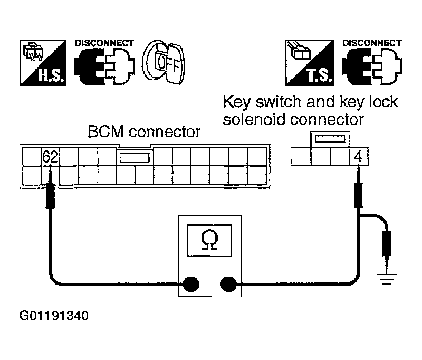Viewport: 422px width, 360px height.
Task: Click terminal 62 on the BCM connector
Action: point(51,156)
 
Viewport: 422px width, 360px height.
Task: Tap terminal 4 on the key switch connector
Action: point(358,156)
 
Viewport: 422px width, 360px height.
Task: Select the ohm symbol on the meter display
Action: point(209,240)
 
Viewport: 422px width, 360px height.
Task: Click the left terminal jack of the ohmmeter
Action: point(191,284)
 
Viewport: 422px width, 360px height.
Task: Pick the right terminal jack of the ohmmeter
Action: point(228,284)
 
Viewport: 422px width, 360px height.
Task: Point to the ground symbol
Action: point(387,279)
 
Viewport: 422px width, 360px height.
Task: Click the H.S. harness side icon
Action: point(43,63)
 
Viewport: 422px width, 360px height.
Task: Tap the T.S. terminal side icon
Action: point(310,63)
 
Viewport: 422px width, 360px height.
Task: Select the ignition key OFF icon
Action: point(164,62)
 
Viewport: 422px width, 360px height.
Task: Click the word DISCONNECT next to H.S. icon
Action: point(104,43)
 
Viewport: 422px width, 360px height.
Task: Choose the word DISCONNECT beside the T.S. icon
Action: point(372,43)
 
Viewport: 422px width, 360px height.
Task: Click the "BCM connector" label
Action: point(144,132)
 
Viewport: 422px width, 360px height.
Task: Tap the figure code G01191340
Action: point(54,316)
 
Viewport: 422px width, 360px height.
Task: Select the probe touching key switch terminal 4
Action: point(358,187)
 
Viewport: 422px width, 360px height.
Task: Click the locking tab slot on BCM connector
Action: point(135,158)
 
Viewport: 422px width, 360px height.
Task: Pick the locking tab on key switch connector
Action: point(330,139)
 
